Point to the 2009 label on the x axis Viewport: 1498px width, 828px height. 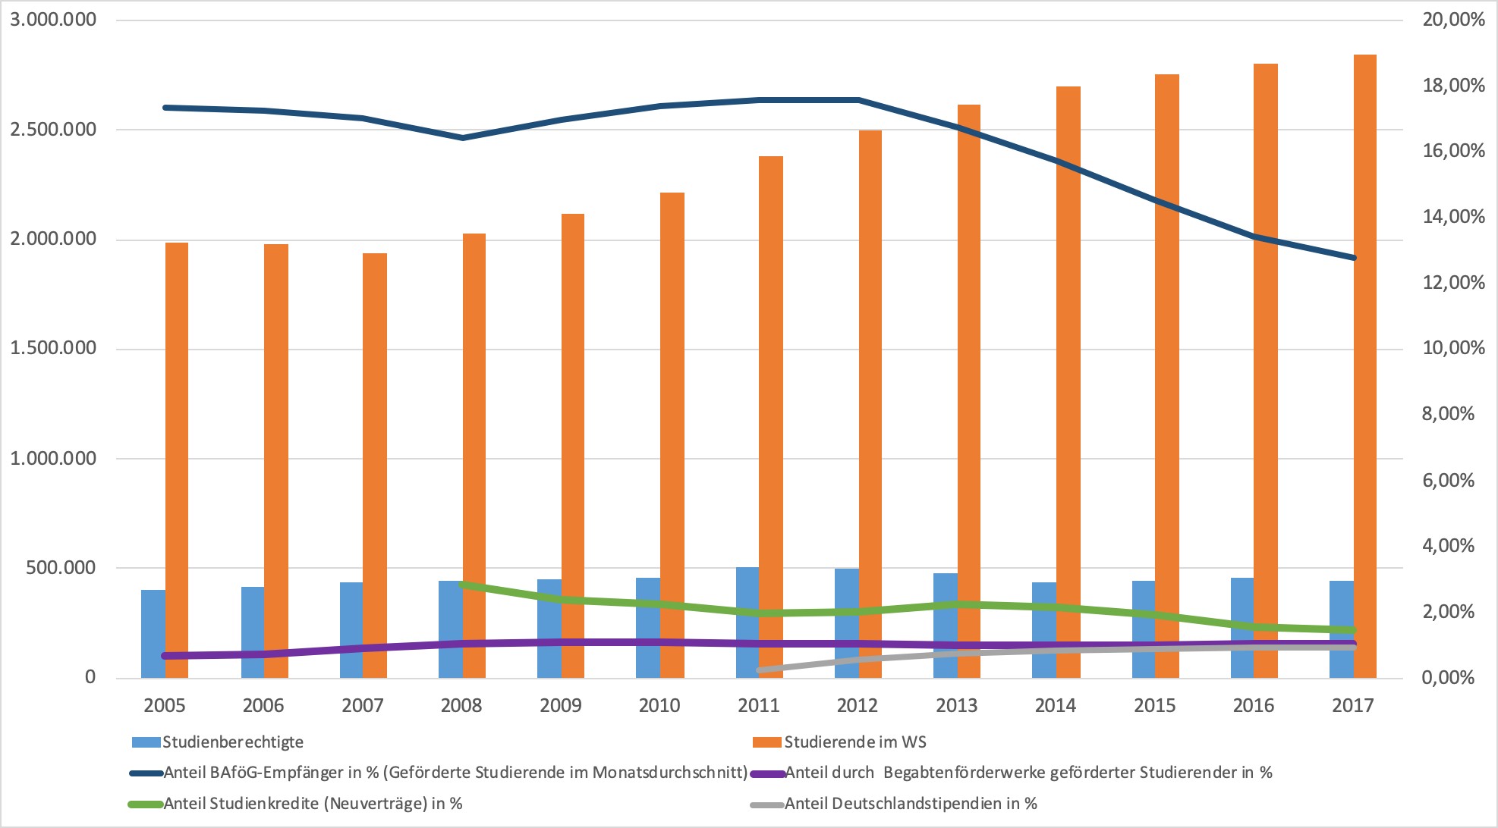coord(560,705)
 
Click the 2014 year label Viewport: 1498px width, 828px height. coord(1055,705)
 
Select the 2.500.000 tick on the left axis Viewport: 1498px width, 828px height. coord(53,130)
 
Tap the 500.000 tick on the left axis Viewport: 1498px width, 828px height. coord(61,568)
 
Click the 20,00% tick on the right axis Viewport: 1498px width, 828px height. coord(1452,20)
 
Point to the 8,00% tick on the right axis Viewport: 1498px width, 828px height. coord(1448,414)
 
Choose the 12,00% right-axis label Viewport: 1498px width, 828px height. coord(1452,283)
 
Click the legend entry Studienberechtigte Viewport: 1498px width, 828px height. coord(232,742)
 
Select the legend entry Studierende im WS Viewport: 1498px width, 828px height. coord(854,742)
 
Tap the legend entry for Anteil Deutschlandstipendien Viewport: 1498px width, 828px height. coord(911,804)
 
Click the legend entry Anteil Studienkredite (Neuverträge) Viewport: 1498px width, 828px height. coord(313,804)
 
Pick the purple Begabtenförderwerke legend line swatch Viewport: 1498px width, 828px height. coord(767,773)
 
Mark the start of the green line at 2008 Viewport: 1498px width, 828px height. coord(463,585)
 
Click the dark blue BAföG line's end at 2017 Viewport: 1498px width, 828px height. coord(1353,258)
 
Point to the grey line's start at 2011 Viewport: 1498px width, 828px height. coord(760,670)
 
